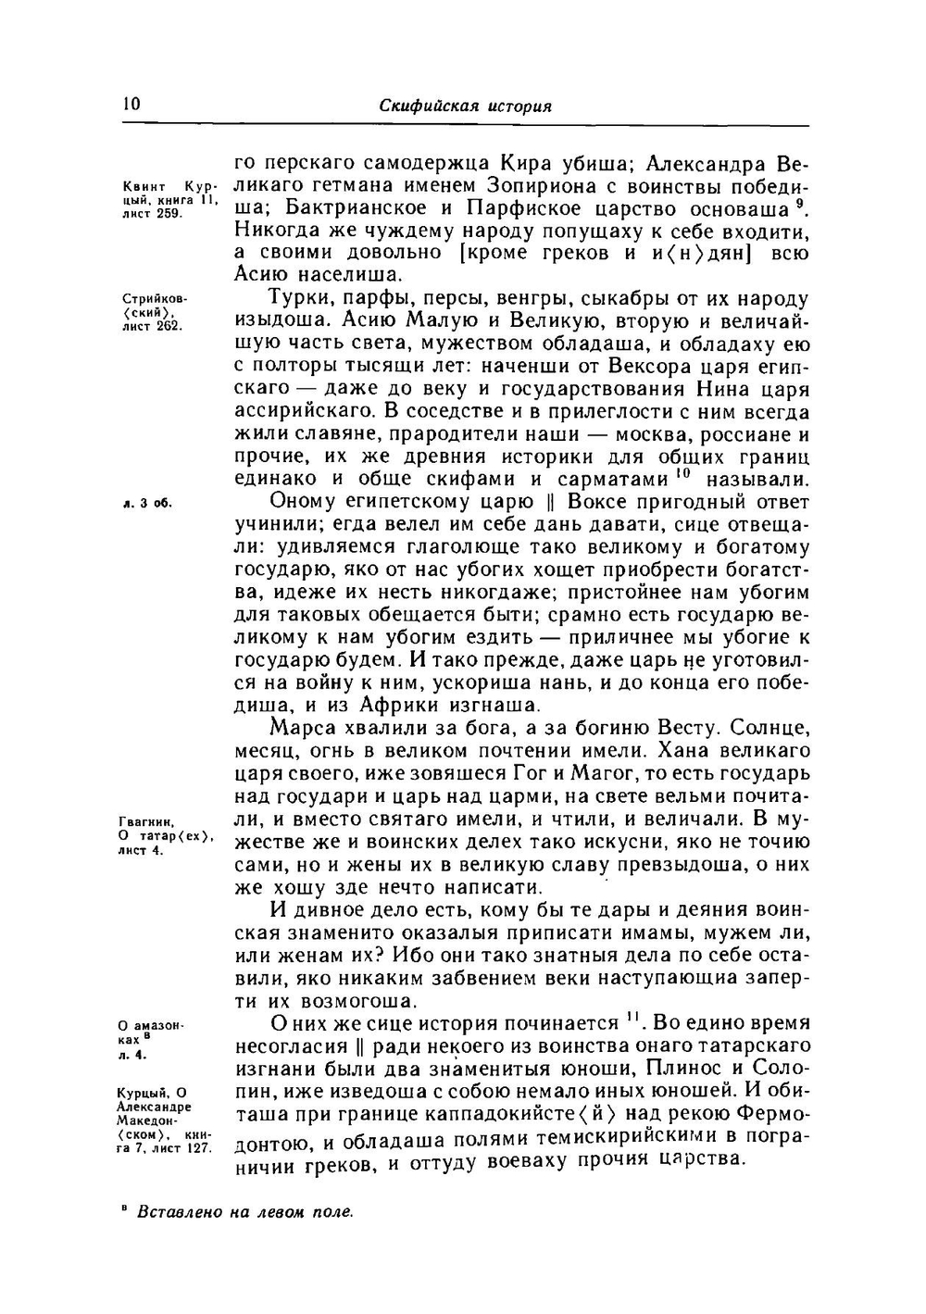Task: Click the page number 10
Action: tap(130, 105)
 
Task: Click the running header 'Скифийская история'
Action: tap(466, 106)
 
